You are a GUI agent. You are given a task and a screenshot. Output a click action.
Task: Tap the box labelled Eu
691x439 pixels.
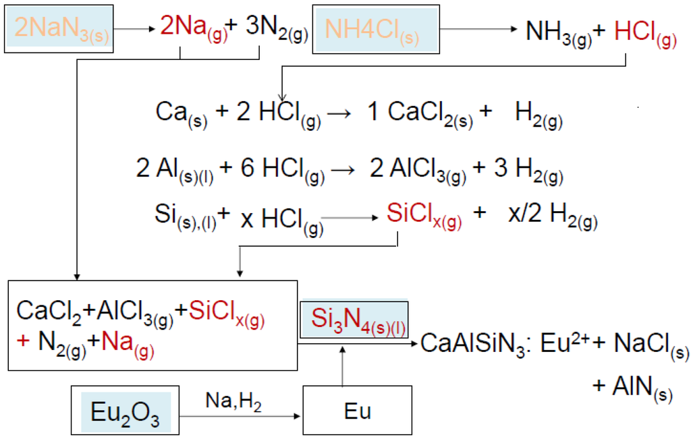pos(357,411)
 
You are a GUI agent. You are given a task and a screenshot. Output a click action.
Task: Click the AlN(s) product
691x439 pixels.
pos(633,388)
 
